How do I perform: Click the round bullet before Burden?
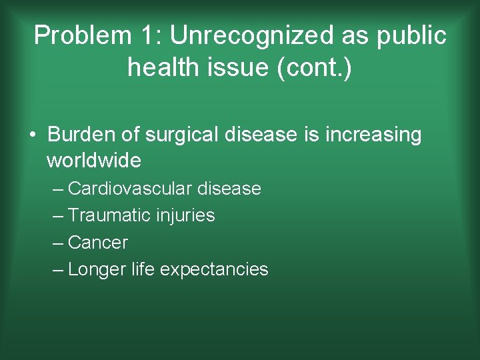[32, 135]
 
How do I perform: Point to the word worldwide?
[94, 161]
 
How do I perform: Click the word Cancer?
[98, 243]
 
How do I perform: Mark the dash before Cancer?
[58, 243]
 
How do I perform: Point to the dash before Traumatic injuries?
[58, 215]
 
